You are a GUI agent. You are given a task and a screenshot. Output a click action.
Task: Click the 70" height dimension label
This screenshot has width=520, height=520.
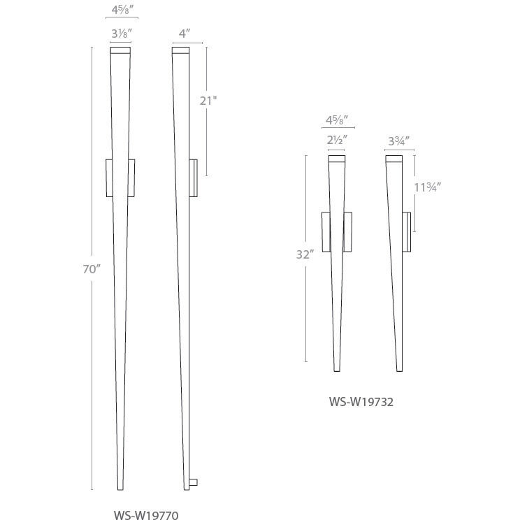tap(92, 269)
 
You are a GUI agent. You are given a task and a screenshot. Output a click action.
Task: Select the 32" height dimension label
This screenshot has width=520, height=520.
tap(303, 255)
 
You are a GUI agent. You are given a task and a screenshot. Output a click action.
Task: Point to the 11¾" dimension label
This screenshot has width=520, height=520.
tap(426, 187)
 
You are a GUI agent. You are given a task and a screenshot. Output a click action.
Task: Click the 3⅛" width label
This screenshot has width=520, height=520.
tap(120, 32)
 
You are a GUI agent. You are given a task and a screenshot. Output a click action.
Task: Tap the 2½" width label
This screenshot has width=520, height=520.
tap(337, 139)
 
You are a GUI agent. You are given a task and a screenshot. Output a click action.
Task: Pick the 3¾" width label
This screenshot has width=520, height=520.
tap(398, 139)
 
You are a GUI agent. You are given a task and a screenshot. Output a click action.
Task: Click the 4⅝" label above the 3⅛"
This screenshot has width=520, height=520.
tap(120, 10)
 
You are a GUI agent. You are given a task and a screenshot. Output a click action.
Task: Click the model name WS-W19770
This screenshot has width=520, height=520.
tap(146, 515)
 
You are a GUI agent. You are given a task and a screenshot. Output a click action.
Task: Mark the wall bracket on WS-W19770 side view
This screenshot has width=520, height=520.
tap(194, 178)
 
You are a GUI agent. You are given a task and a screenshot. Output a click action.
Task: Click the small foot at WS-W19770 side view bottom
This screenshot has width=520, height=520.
tap(194, 482)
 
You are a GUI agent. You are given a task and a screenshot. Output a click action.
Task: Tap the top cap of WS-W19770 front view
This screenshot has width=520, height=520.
tap(120, 50)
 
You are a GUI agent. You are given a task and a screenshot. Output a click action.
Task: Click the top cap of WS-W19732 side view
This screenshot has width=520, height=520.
tap(393, 157)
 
